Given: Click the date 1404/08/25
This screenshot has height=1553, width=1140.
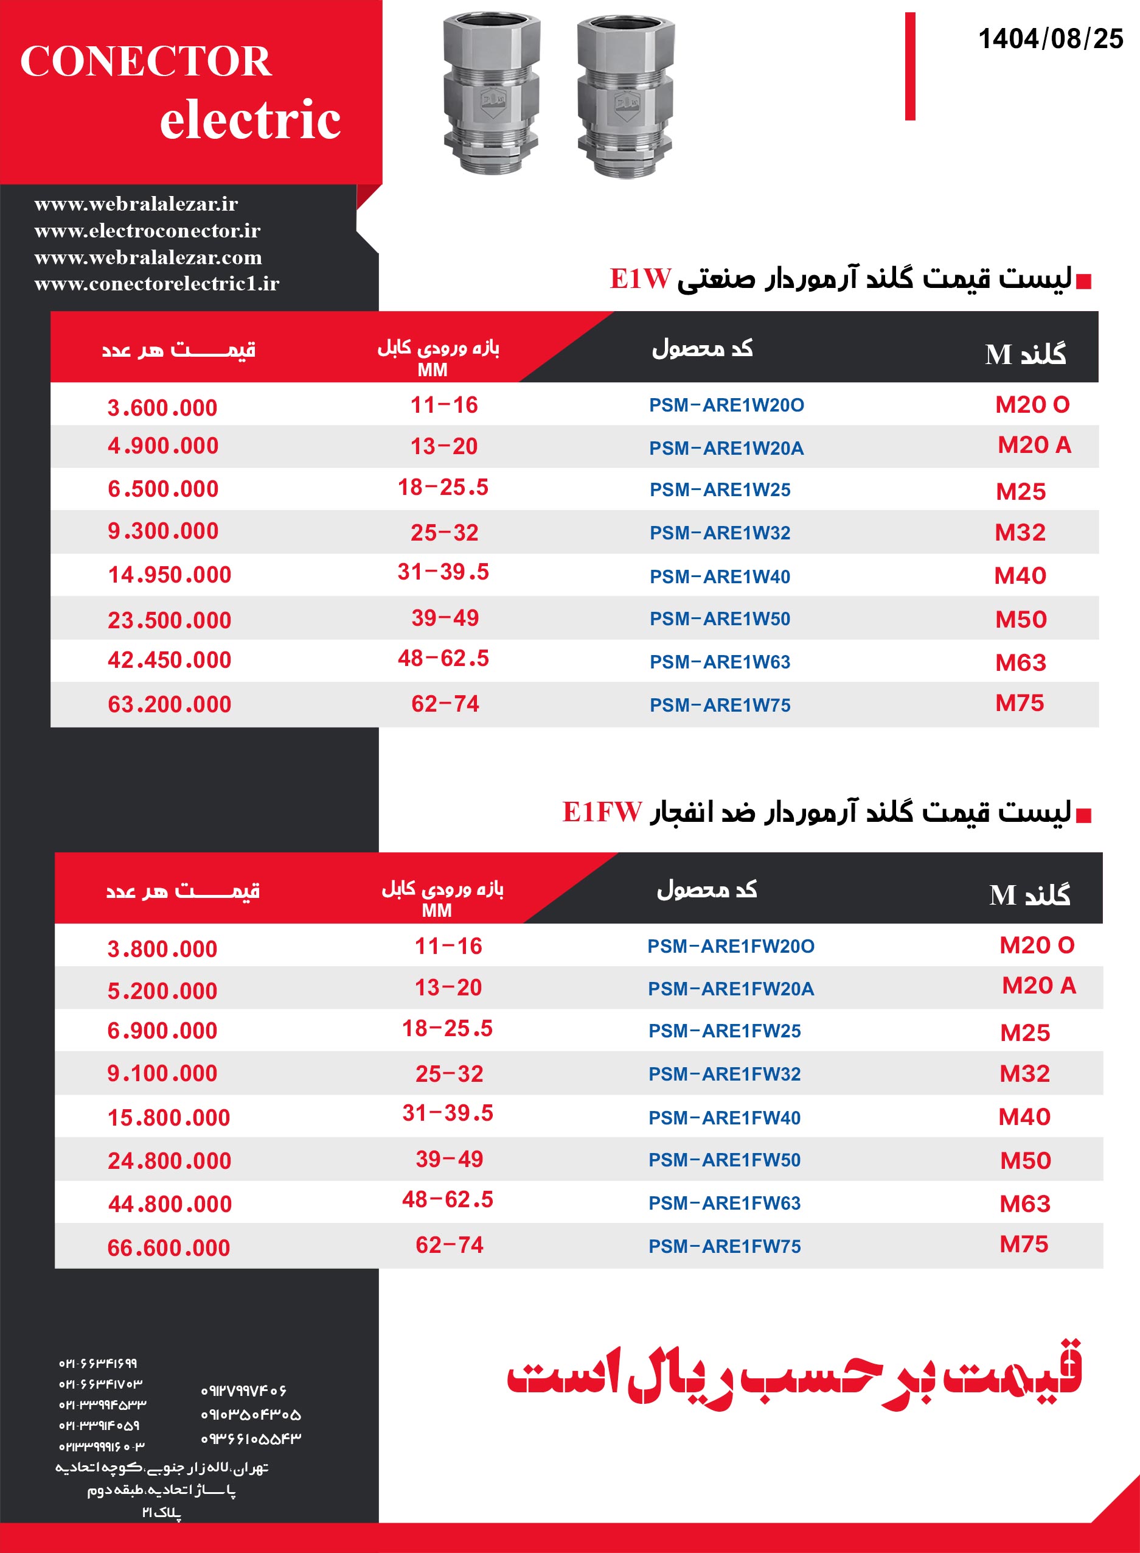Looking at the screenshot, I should click(1051, 39).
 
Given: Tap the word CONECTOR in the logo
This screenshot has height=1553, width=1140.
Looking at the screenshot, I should click(145, 61).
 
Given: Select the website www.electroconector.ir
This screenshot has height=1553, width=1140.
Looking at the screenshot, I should click(147, 231).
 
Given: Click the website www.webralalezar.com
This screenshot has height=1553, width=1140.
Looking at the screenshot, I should click(148, 258).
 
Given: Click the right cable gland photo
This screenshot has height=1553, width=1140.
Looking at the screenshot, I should click(625, 97).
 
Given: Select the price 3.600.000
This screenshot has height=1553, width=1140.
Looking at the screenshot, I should click(162, 408).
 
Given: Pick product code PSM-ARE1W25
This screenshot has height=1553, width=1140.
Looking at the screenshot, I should click(720, 489).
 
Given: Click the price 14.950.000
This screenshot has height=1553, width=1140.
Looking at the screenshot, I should click(169, 575).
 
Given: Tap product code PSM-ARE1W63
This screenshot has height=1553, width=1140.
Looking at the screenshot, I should click(720, 662).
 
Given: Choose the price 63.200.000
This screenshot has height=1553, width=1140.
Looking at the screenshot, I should click(169, 704).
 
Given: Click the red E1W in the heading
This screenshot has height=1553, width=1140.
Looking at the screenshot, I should click(640, 279).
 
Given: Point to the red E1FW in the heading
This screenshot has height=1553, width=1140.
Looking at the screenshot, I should click(602, 812).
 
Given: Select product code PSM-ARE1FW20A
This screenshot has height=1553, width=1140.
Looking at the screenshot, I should click(730, 989).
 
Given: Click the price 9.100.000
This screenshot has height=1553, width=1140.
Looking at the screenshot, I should click(162, 1073).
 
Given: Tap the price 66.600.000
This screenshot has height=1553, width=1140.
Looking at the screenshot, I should click(169, 1248).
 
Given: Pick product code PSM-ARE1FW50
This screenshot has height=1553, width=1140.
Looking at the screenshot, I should click(724, 1160).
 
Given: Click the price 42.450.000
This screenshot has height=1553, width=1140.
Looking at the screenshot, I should click(169, 660).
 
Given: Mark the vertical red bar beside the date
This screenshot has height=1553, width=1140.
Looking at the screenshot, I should click(910, 66).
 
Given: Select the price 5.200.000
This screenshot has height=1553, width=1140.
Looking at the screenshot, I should click(162, 991).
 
